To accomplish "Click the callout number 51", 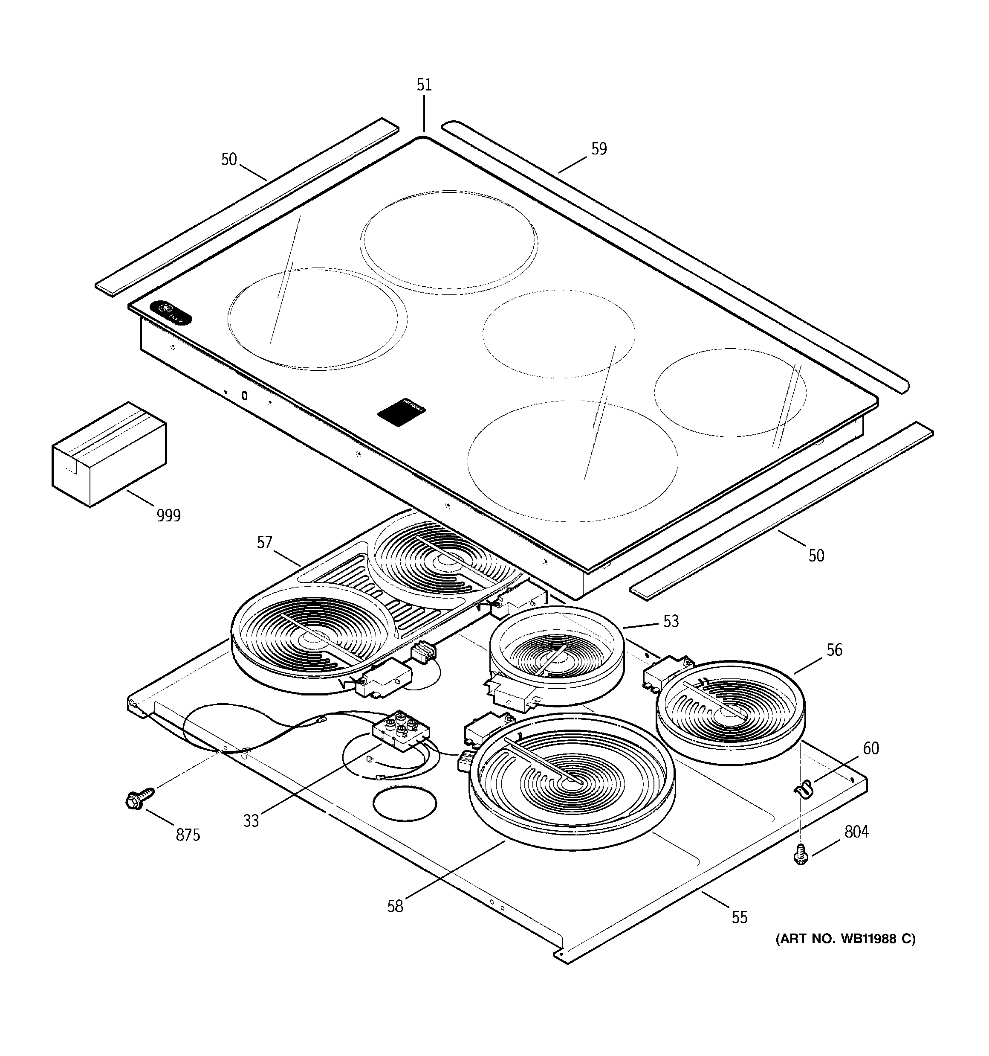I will pos(424,85).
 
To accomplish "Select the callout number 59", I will pos(599,149).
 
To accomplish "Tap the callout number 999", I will pos(168,515).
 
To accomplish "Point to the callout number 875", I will pos(188,835).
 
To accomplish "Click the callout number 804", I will pos(856,832).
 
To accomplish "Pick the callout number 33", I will pos(251,820).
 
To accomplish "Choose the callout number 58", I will pos(395,906).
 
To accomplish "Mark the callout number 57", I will pos(264,542).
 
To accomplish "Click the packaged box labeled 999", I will pos(109,454).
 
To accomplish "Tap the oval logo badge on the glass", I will pos(171,314).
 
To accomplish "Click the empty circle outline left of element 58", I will pos(405,805).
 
